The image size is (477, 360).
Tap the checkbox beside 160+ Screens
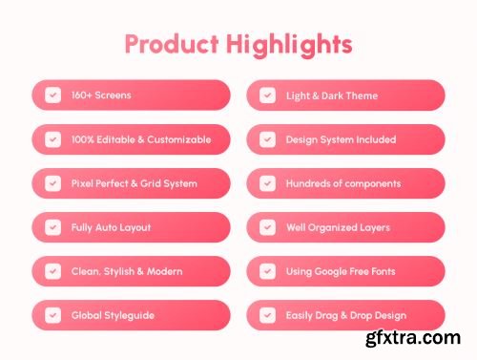pyautogui.click(x=52, y=95)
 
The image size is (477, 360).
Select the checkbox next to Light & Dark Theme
pyautogui.click(x=267, y=95)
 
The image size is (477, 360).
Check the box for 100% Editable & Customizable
pyautogui.click(x=52, y=139)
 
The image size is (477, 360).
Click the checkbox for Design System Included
pyautogui.click(x=267, y=139)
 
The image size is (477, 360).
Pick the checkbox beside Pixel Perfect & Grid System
pyautogui.click(x=52, y=183)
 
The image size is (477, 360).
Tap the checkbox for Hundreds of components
pyautogui.click(x=267, y=183)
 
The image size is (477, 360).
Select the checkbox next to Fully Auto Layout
pyautogui.click(x=52, y=227)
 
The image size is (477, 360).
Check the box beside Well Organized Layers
pyautogui.click(x=267, y=227)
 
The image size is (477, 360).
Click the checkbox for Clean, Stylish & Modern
pyautogui.click(x=52, y=271)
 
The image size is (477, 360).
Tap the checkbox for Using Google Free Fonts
pyautogui.click(x=267, y=271)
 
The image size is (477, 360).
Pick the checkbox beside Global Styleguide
pyautogui.click(x=52, y=315)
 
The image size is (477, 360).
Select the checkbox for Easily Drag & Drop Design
pyautogui.click(x=267, y=315)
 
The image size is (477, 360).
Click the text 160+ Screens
pyautogui.click(x=101, y=95)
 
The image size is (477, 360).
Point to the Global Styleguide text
pyautogui.click(x=113, y=315)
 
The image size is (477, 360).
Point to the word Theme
pyautogui.click(x=362, y=95)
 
